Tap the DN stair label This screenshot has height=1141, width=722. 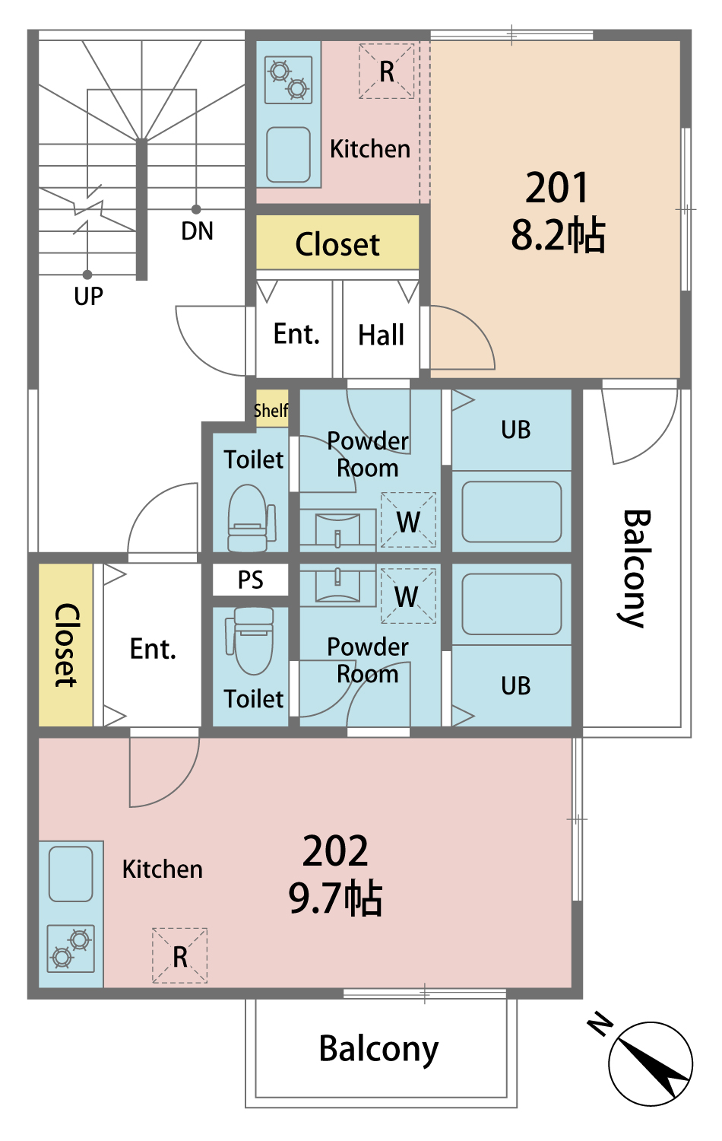click(x=197, y=230)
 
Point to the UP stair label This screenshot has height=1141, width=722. click(x=88, y=296)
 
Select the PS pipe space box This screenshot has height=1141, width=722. click(x=250, y=579)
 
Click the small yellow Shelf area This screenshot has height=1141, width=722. click(x=272, y=409)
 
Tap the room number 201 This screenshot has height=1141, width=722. click(x=556, y=187)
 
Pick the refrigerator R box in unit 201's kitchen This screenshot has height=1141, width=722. click(x=386, y=71)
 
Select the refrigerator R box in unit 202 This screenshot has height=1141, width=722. click(x=179, y=955)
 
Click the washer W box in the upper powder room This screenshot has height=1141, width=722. click(x=408, y=520)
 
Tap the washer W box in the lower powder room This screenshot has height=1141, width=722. click(x=408, y=596)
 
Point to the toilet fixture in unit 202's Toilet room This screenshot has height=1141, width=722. click(x=250, y=640)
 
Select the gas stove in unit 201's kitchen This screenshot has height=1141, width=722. click(x=289, y=79)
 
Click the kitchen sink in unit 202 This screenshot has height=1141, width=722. click(x=71, y=874)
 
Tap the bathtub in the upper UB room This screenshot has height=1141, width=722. click(x=512, y=511)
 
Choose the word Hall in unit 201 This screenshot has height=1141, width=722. click(x=381, y=335)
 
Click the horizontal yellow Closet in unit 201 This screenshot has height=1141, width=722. click(x=337, y=243)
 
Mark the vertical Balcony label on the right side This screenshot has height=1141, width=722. click(x=635, y=568)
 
